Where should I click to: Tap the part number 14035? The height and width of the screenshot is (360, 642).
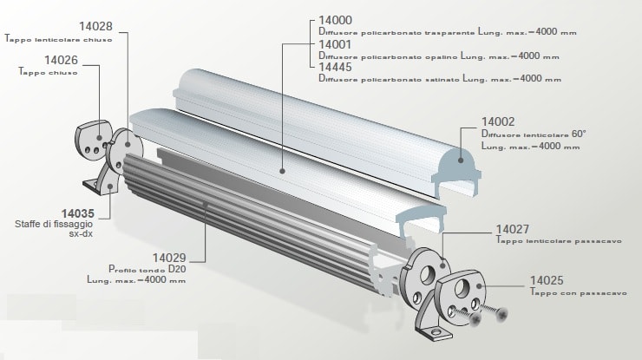pyautogui.click(x=79, y=212)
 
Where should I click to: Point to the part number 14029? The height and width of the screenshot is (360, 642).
pyautogui.click(x=169, y=258)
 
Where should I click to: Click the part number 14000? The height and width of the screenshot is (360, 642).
pyautogui.click(x=337, y=20)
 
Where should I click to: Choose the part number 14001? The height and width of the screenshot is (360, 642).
pyautogui.click(x=337, y=43)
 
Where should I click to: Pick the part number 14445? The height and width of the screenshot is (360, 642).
pyautogui.click(x=337, y=66)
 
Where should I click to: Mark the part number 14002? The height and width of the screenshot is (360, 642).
pyautogui.click(x=500, y=123)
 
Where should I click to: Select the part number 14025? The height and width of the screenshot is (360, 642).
pyautogui.click(x=547, y=282)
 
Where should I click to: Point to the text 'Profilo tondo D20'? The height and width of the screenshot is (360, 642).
pyautogui.click(x=147, y=269)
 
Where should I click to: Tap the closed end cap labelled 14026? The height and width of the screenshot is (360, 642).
pyautogui.click(x=90, y=140)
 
